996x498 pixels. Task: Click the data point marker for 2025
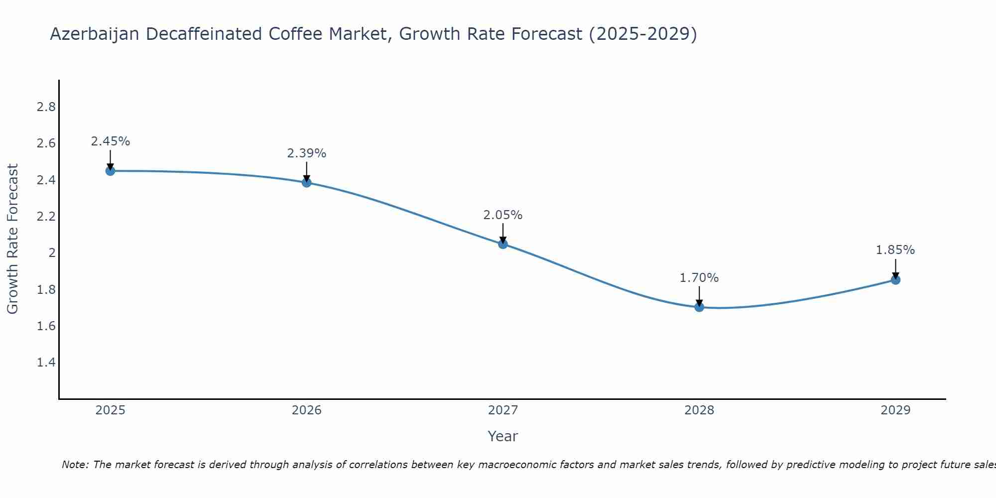tap(111, 171)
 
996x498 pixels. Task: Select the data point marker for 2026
tap(307, 182)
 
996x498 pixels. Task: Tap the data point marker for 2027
tap(503, 244)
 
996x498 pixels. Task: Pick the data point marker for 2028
tap(699, 307)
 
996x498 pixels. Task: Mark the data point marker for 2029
tap(895, 280)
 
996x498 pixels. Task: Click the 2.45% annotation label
tap(111, 141)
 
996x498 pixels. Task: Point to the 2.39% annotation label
tap(307, 153)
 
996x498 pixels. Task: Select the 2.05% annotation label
tap(503, 215)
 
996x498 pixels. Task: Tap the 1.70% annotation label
tap(699, 278)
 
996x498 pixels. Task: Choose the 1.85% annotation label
tap(895, 250)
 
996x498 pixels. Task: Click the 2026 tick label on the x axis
tap(307, 410)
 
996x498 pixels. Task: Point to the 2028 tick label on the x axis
tap(699, 410)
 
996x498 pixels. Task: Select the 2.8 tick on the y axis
tap(46, 107)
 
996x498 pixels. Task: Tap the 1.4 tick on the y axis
tap(46, 362)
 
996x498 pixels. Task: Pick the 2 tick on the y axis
tap(52, 253)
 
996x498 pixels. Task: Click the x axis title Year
tap(503, 436)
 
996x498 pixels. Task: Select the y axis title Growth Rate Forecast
tap(12, 239)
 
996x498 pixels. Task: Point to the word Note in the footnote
tap(75, 465)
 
